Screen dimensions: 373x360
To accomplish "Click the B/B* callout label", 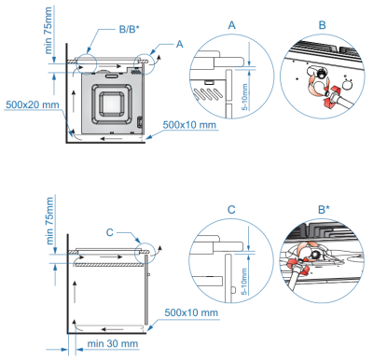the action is [130, 29].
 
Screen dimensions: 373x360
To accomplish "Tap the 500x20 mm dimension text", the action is [33, 104].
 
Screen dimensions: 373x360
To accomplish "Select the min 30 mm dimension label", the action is [113, 343].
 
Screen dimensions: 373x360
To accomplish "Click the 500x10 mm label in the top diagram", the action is [189, 125].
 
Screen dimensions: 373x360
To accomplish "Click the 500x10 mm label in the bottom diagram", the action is [191, 312].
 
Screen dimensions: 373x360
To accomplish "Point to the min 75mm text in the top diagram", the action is [48, 31].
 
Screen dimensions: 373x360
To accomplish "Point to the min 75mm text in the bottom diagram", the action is [49, 221].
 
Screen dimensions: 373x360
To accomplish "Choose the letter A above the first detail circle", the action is [232, 25].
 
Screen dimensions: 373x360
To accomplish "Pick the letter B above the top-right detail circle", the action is [323, 25].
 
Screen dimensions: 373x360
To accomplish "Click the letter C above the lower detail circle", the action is [231, 210].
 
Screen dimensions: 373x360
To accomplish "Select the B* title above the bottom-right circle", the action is [324, 209].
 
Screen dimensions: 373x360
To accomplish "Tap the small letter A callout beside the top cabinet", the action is [179, 44].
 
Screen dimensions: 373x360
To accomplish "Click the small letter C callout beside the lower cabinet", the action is [110, 232].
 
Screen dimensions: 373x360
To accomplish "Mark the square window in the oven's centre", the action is [112, 104].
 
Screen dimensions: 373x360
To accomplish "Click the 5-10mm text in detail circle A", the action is [245, 97].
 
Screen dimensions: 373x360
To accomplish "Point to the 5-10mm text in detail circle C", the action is [245, 282].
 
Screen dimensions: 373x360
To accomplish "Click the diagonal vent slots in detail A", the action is [208, 94].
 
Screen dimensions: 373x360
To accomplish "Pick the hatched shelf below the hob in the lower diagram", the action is [110, 265].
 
